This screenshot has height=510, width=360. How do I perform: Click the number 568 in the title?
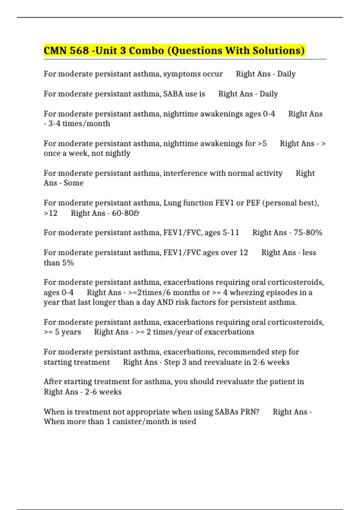(79, 50)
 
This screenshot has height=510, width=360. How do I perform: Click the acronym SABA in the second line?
(173, 94)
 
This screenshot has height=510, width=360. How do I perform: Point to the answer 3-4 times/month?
(79, 124)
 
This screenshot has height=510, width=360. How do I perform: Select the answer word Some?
(73, 183)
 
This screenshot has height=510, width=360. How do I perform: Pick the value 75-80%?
(308, 232)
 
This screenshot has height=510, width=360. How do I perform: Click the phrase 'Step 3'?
(175, 362)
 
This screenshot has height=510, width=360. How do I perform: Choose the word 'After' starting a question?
(52, 382)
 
